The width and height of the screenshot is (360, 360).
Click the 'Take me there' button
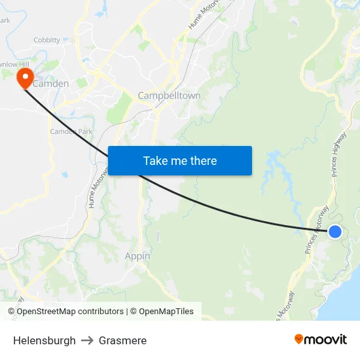pyautogui.click(x=180, y=160)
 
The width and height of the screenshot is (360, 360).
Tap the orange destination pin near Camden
pyautogui.click(x=25, y=79)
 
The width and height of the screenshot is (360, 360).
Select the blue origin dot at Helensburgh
pyautogui.click(x=334, y=231)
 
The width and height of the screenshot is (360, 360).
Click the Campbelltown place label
pyautogui.click(x=169, y=96)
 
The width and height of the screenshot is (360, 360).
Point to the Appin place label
pyautogui.click(x=137, y=256)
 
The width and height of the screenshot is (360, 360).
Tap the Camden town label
pyautogui.click(x=52, y=84)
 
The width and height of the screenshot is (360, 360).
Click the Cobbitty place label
pyautogui.click(x=46, y=40)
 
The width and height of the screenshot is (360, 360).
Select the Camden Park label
pyautogui.click(x=71, y=132)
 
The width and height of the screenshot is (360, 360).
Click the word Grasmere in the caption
pyautogui.click(x=122, y=340)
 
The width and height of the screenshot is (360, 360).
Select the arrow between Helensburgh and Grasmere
pyautogui.click(x=87, y=340)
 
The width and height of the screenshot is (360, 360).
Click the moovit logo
pyautogui.click(x=320, y=339)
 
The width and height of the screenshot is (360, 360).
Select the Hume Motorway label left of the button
pyautogui.click(x=96, y=190)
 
